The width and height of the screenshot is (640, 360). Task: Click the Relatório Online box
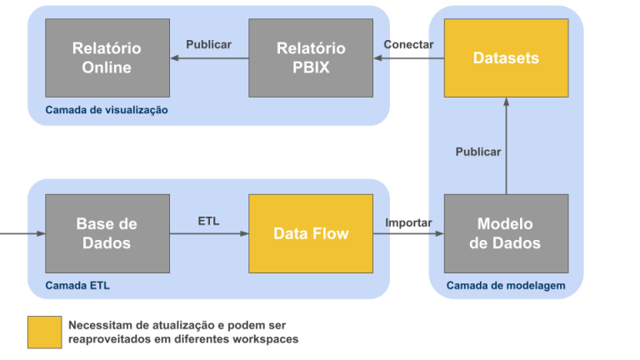107,57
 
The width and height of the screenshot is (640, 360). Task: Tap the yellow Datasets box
506,57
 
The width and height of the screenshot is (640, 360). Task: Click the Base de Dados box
107,233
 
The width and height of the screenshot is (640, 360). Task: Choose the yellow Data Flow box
311,233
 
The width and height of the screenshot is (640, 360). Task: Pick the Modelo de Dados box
506,233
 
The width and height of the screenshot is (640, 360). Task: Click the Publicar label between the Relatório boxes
208,44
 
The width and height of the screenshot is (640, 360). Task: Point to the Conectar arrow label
408,44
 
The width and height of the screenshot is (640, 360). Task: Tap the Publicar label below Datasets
478,152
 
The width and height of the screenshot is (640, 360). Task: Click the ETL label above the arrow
208,221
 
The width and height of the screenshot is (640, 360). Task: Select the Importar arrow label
408,222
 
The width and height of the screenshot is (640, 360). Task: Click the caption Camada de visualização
107,110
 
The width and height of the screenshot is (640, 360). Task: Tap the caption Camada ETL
77,286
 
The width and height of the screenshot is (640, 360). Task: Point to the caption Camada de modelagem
506,286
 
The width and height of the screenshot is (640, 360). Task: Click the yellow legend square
44,332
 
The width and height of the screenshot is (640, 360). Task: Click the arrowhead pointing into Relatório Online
175,57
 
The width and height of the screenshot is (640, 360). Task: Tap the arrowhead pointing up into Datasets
506,102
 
